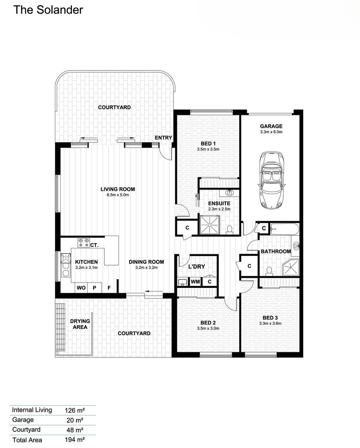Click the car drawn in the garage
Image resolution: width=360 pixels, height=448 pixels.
(271, 180)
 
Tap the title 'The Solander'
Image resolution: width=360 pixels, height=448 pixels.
(48, 10)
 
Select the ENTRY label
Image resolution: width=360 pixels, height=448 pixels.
(163, 138)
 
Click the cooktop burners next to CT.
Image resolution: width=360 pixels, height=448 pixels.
(83, 243)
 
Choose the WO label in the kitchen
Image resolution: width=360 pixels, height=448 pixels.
(81, 288)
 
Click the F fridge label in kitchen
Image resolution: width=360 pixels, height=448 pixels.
(109, 288)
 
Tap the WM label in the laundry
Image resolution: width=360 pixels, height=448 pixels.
(195, 282)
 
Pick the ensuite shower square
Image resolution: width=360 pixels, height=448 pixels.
(210, 225)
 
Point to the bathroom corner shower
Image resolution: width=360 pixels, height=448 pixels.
(291, 268)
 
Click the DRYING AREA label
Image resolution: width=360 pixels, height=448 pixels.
(80, 324)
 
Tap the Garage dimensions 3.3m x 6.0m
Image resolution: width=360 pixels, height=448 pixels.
(271, 132)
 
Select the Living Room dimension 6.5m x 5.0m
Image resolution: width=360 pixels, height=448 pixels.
(118, 195)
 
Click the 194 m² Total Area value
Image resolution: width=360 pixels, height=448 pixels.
(75, 440)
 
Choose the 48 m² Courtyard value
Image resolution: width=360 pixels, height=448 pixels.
(75, 430)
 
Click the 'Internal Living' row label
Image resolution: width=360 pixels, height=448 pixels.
(32, 410)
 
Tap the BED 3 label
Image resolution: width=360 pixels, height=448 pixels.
(270, 318)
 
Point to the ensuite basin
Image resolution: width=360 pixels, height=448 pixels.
(229, 192)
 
